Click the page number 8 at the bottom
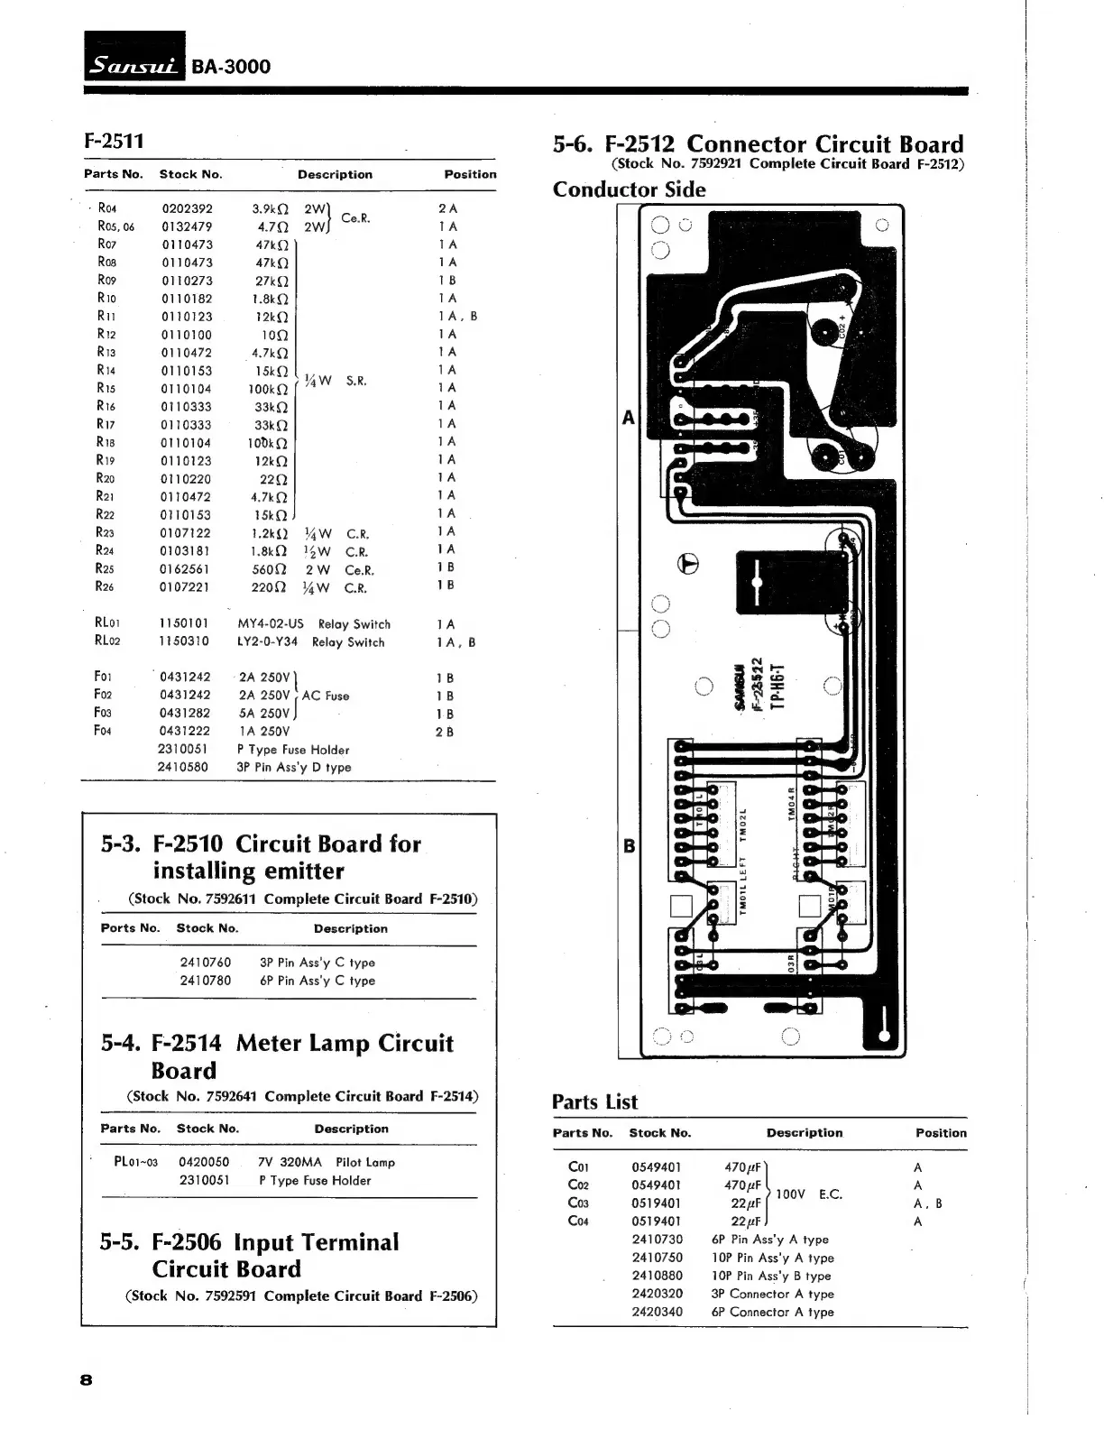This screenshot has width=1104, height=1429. point(87,1379)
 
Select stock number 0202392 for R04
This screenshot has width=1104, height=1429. point(187,208)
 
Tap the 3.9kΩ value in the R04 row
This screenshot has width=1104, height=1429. point(271,208)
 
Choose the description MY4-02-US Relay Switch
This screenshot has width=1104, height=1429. point(314,624)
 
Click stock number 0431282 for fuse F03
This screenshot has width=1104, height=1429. point(185,714)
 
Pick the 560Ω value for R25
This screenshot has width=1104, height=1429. point(269,569)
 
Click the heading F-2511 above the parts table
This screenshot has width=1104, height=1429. point(114,141)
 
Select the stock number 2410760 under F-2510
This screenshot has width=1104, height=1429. point(206,963)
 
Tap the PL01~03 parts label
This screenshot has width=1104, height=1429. point(136,1162)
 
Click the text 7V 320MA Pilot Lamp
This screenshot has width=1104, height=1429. point(327,1163)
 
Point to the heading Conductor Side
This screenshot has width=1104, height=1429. point(629,189)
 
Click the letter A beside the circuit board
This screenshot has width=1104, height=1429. point(629,418)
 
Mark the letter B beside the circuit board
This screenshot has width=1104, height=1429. point(629,846)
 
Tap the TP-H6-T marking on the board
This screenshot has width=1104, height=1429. point(784,682)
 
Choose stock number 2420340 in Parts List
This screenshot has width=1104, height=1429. point(657,1312)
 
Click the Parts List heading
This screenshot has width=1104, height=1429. point(594,1102)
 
